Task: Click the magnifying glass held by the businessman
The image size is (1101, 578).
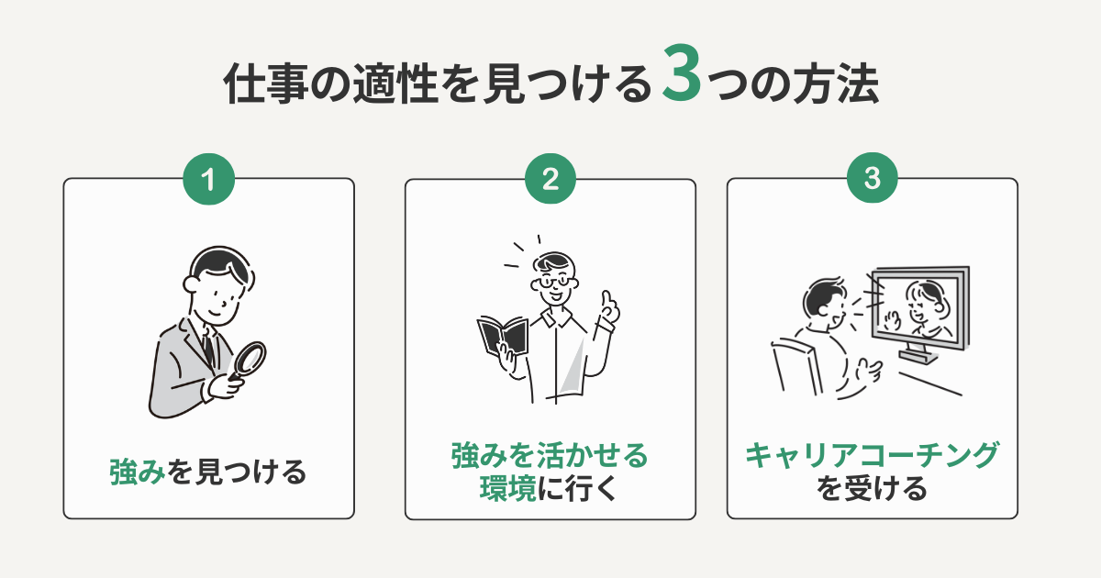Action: click(x=246, y=361)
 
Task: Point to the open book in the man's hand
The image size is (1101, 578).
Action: click(x=503, y=339)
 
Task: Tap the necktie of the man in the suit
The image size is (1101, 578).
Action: click(x=210, y=346)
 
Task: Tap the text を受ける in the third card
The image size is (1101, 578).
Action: click(x=872, y=489)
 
